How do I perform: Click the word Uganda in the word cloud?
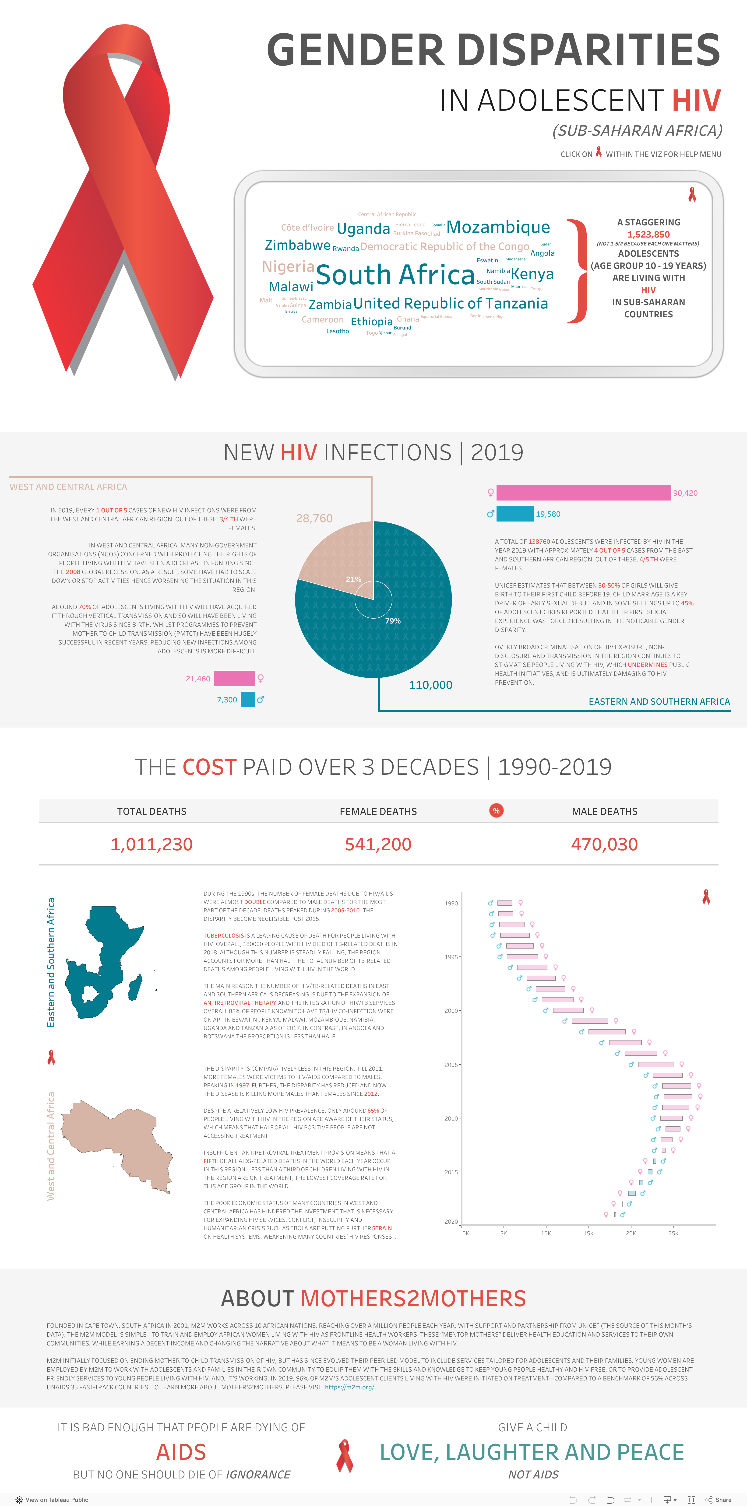click(363, 229)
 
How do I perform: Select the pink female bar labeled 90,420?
click(583, 493)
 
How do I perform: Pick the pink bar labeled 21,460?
click(234, 678)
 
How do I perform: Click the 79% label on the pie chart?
click(392, 621)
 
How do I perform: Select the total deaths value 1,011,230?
click(152, 844)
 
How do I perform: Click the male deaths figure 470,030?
click(604, 844)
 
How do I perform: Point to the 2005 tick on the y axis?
click(451, 1065)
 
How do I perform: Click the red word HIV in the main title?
click(696, 101)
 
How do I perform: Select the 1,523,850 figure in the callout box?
click(648, 235)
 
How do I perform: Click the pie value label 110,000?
click(430, 685)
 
